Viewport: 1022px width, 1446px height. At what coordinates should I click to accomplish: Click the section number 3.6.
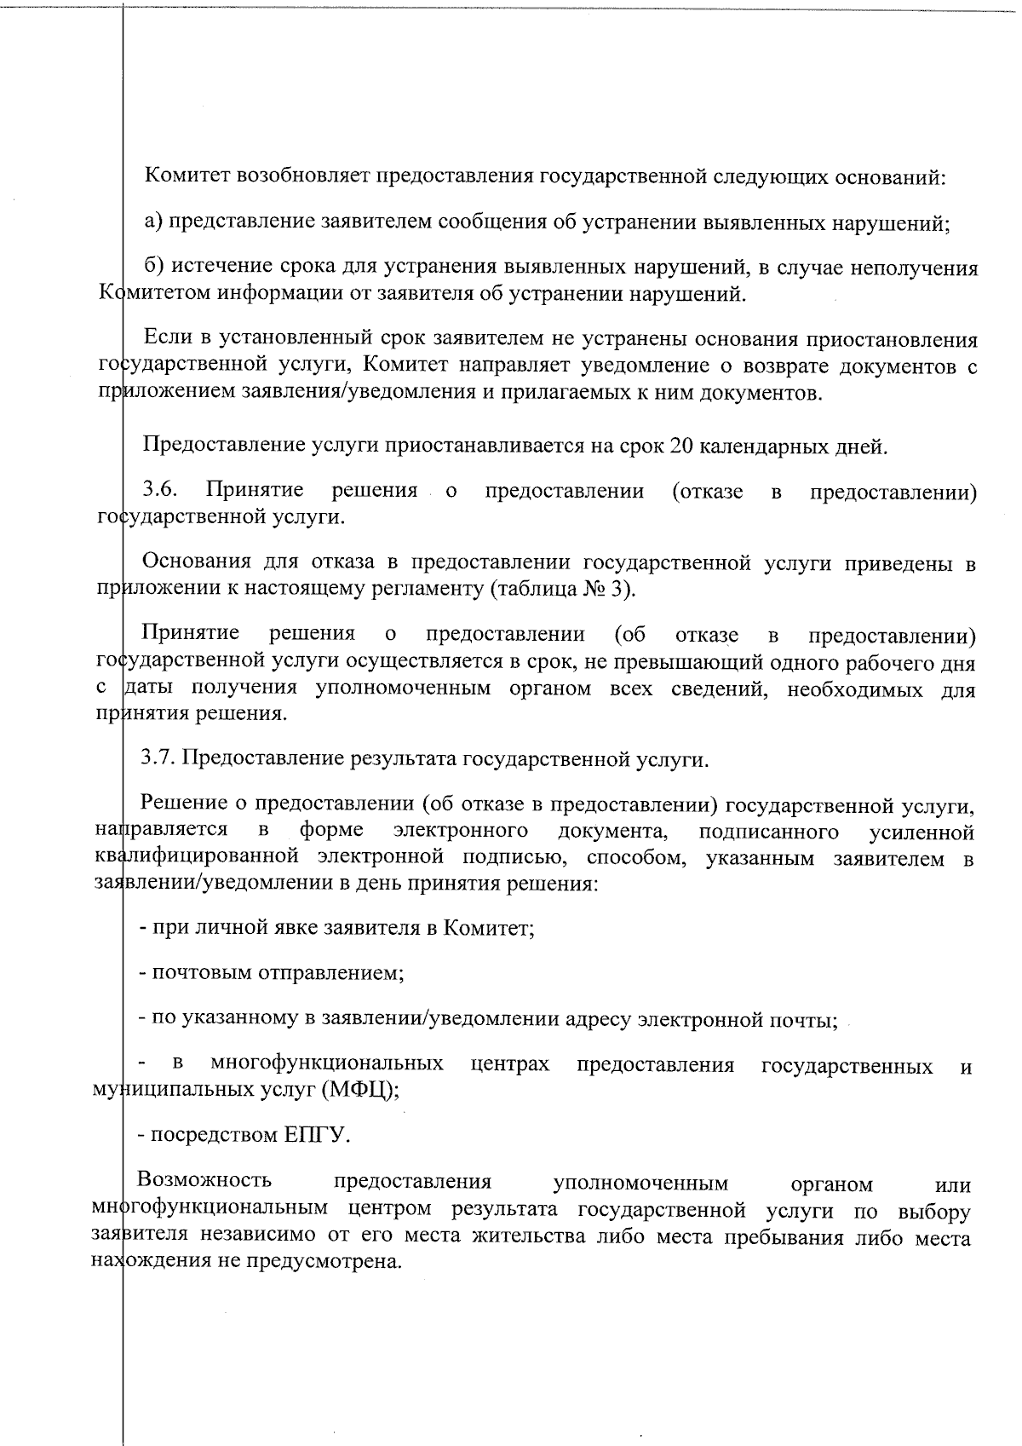[159, 491]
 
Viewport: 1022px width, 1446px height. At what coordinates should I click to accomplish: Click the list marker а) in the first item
[153, 222]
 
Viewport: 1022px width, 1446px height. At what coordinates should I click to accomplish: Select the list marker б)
[153, 268]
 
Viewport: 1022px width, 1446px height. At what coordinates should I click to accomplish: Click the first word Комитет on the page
[187, 177]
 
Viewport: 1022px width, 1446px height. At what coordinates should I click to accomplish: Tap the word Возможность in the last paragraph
[204, 1180]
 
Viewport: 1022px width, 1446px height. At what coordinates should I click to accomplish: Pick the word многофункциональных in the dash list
[327, 1064]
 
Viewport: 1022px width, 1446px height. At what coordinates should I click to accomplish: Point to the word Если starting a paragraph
[168, 338]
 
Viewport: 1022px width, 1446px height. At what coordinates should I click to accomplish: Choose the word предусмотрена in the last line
[324, 1261]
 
